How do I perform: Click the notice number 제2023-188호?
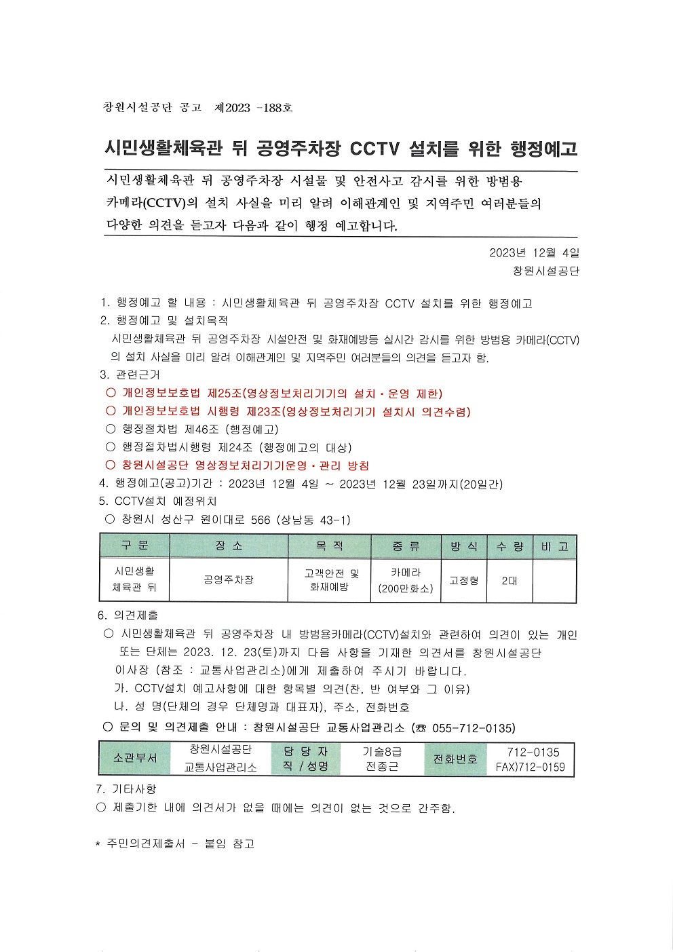point(253,108)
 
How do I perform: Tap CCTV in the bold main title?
point(374,149)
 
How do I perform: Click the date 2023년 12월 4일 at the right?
point(534,253)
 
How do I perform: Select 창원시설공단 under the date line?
point(546,271)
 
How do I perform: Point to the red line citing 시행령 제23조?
point(296,412)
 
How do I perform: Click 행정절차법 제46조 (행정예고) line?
point(200,430)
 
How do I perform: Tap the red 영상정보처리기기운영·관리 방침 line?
point(245,465)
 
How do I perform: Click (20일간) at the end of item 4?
point(481,484)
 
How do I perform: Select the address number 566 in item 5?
point(261,520)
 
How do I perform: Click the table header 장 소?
point(229,546)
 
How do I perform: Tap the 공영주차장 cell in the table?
point(229,580)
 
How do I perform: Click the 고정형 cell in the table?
point(464,581)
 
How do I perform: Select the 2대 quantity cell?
point(509,581)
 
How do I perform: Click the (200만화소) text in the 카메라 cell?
point(406,589)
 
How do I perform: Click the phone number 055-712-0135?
point(473,728)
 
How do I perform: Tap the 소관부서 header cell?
point(135,759)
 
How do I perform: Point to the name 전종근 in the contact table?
point(382,767)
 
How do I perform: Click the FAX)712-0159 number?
point(530,767)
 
